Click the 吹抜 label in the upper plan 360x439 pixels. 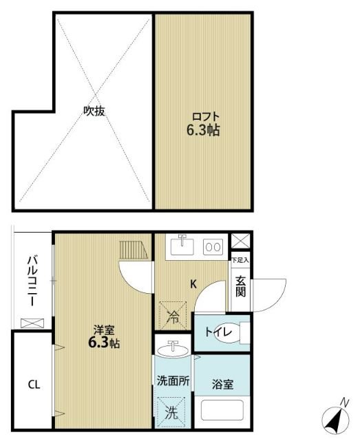point(94,111)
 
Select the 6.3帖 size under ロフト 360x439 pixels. point(202,130)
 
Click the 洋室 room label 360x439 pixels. point(105,330)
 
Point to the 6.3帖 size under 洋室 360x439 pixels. point(104,343)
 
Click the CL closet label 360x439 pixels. point(33,385)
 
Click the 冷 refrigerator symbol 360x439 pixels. point(173,316)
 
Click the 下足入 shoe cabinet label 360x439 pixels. point(240,260)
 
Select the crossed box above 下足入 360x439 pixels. point(240,242)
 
